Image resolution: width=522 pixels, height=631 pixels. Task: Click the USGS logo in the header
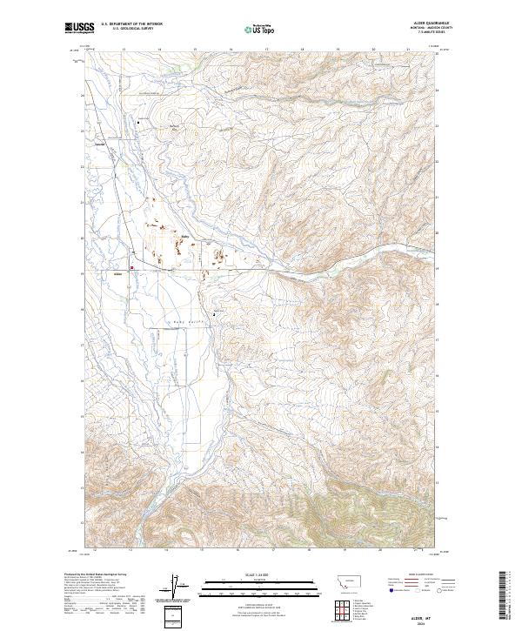coord(80,29)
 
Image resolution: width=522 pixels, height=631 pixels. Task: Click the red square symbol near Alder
coord(131,267)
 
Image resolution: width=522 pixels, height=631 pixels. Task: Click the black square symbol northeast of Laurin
coord(138,124)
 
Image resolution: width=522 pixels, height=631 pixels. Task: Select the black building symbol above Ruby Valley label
coord(215,314)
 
